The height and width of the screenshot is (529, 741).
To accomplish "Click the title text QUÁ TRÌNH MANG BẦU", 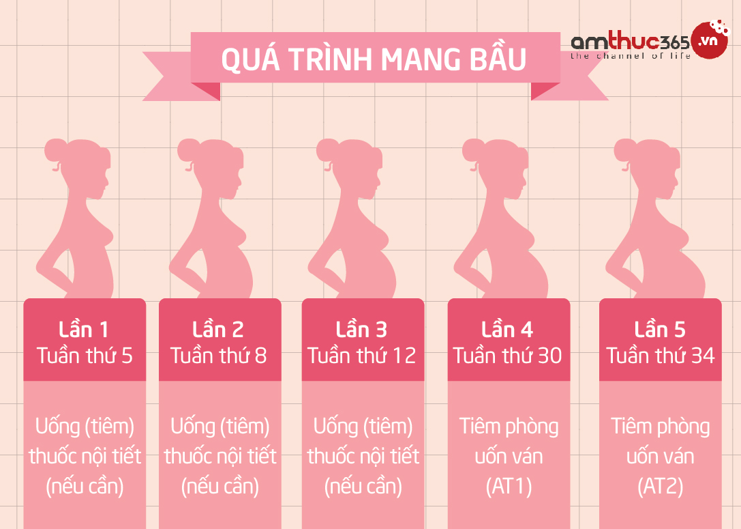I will (374, 59).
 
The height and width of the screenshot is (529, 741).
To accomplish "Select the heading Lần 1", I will (85, 330).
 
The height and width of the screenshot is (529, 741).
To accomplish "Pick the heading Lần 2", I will (219, 330).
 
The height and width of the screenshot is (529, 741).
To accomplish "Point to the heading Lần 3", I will (362, 330).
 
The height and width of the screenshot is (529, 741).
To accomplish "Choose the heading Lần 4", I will (508, 330).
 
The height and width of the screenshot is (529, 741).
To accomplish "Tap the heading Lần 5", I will (660, 330).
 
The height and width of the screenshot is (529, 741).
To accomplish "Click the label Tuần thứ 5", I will (85, 356).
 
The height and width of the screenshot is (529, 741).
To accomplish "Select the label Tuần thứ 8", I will (219, 356).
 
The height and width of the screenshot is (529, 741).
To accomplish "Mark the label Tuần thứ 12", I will (362, 356).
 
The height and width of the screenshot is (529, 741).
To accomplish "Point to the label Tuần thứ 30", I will (508, 356).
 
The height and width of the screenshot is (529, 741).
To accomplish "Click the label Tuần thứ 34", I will (660, 356).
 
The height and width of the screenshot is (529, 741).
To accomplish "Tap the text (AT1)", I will (509, 487).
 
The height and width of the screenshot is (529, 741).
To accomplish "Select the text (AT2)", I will (660, 487).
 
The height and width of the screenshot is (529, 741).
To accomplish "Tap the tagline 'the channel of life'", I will (630, 56).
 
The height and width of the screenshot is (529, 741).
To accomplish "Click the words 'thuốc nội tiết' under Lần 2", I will (220, 456).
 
